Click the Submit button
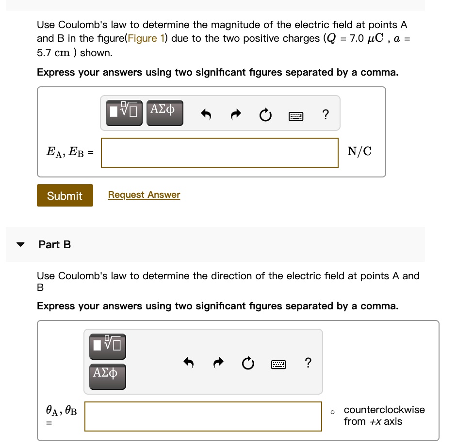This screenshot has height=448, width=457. (x=65, y=196)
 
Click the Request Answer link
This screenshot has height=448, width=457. (x=144, y=195)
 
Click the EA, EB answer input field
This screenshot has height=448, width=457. (x=219, y=153)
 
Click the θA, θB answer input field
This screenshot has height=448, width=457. (x=203, y=416)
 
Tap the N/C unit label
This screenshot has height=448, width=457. (x=359, y=152)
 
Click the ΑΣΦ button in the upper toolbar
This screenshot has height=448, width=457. (x=164, y=113)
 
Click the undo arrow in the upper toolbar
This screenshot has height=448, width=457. (x=206, y=115)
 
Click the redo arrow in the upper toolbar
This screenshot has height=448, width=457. (x=235, y=115)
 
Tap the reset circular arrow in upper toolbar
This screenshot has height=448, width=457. (x=265, y=116)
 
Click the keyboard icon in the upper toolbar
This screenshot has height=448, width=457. (x=295, y=116)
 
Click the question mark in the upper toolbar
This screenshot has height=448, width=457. (x=325, y=115)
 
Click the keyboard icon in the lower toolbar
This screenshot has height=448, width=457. (x=278, y=363)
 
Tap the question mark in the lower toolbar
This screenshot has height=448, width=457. (x=308, y=362)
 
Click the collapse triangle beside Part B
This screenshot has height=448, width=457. (x=20, y=244)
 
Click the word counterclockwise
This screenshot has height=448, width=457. (x=384, y=410)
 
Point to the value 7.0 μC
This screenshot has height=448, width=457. (x=361, y=38)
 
